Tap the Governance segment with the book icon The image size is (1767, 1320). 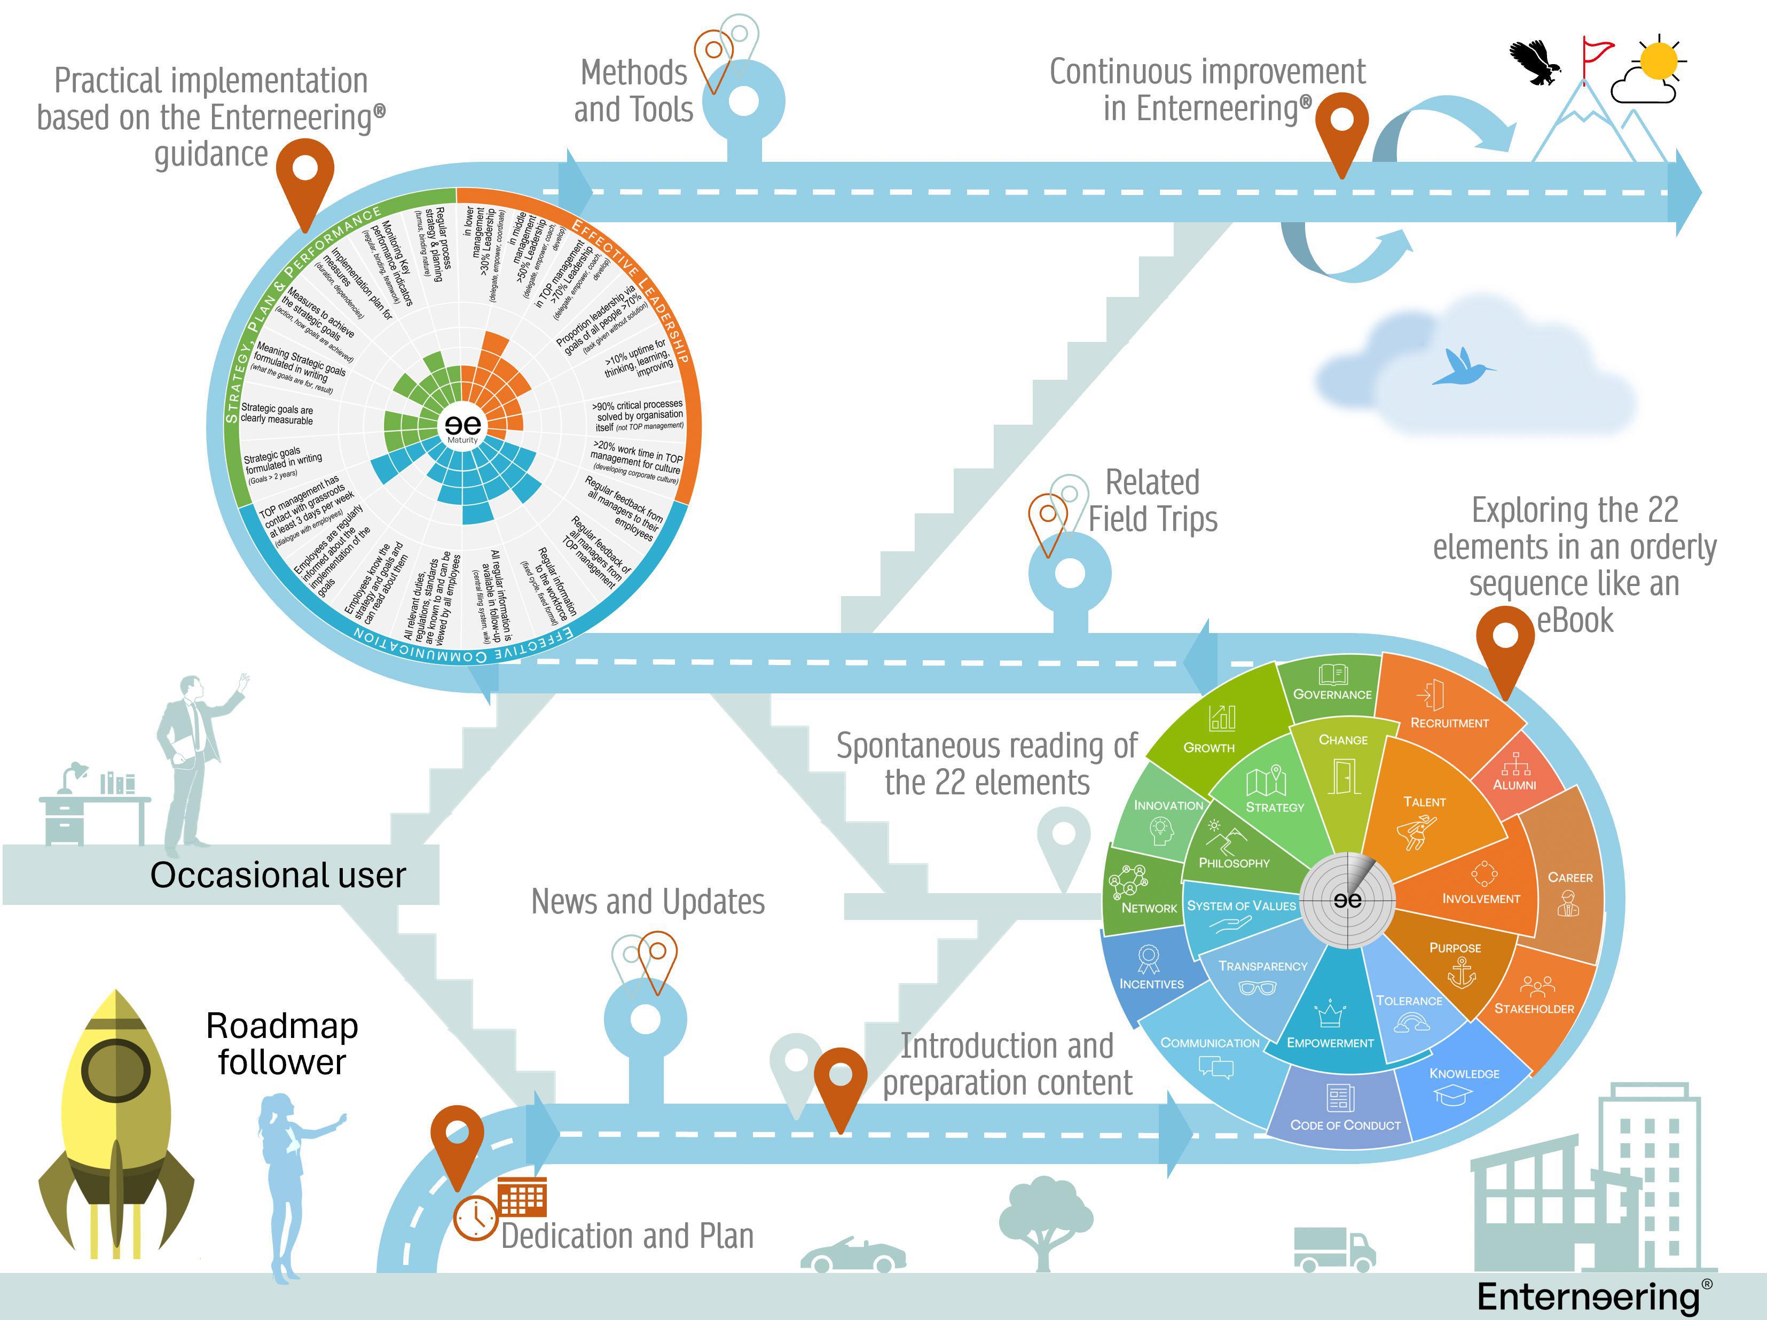(1332, 684)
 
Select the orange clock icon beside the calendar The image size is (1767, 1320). (476, 1218)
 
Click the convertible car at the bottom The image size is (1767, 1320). (852, 1255)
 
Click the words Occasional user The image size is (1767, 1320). (278, 875)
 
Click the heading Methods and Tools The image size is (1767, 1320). (633, 91)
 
